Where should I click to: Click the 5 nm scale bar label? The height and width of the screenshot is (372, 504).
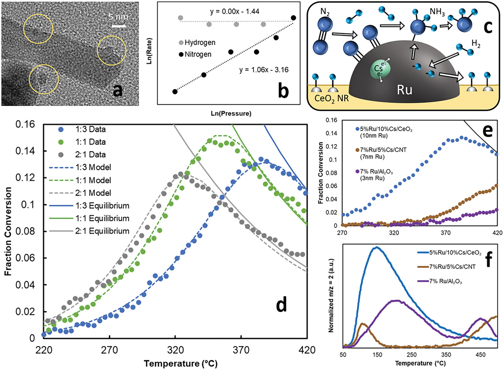(x=118, y=17)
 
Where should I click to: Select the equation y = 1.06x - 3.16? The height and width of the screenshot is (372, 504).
(x=264, y=70)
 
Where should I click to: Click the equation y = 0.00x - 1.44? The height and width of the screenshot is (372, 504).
(x=234, y=11)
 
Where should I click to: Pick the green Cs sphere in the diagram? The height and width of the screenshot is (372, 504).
(x=379, y=69)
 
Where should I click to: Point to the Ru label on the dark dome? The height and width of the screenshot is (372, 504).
(x=404, y=90)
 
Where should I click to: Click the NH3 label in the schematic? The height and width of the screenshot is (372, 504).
(x=437, y=12)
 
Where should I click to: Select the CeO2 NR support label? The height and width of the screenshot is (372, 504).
(x=331, y=99)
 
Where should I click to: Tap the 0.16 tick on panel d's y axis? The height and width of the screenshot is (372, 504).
(x=25, y=124)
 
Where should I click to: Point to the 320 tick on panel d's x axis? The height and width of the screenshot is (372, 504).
(x=175, y=350)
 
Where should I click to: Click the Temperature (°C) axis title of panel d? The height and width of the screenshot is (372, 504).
(x=181, y=364)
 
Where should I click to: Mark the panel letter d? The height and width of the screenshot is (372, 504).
(x=281, y=305)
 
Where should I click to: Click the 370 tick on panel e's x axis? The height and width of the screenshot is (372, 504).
(x=445, y=233)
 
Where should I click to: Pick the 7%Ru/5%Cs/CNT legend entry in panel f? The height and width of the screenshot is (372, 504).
(x=452, y=267)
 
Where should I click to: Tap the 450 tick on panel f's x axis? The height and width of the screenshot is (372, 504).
(x=480, y=355)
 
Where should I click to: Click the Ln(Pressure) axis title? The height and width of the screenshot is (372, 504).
(x=231, y=114)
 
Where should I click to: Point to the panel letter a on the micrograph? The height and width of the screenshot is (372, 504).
(x=118, y=90)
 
